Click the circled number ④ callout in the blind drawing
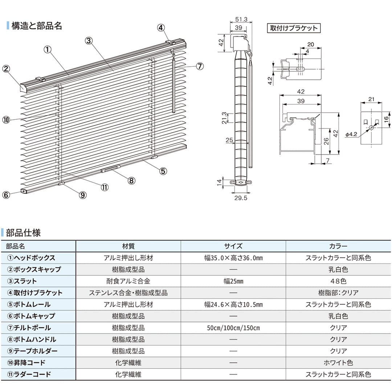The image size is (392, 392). click(161, 28)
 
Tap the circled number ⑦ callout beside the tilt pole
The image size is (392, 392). click(200, 66)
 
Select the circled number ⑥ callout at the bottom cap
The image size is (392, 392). click(6, 195)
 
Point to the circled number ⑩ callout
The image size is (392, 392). click(6, 120)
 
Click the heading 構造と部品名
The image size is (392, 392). click(37, 26)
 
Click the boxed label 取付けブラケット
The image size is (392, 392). click(294, 28)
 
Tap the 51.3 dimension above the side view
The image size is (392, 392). click(241, 19)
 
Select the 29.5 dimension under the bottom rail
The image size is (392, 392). click(241, 198)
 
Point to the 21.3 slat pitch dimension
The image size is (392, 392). click(224, 118)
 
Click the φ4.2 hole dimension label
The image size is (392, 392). click(351, 134)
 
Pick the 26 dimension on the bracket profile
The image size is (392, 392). click(326, 142)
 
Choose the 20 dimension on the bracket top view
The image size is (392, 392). click(310, 45)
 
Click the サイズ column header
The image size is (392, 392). click(233, 246)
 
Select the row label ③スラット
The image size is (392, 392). click(22, 281)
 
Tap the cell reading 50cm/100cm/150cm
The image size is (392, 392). click(233, 328)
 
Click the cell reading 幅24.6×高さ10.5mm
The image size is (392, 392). click(233, 305)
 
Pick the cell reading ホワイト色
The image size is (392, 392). click(338, 363)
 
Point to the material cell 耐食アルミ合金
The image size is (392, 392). click(128, 281)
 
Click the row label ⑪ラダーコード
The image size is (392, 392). click(29, 375)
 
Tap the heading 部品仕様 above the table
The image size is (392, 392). click(23, 233)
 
